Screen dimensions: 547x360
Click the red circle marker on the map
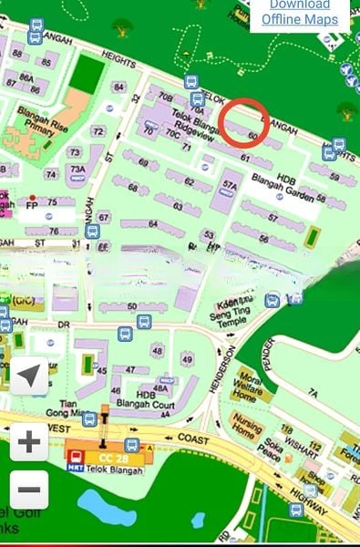(x=243, y=123)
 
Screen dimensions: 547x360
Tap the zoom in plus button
(x=29, y=442)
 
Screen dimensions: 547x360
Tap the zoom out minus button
(x=29, y=490)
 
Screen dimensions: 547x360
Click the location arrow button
(x=29, y=375)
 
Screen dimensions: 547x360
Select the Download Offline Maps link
(x=300, y=12)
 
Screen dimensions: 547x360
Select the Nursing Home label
(x=249, y=427)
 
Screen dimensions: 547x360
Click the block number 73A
(x=77, y=170)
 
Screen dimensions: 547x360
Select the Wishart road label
(x=301, y=437)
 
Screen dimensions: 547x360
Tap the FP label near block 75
(x=32, y=206)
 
